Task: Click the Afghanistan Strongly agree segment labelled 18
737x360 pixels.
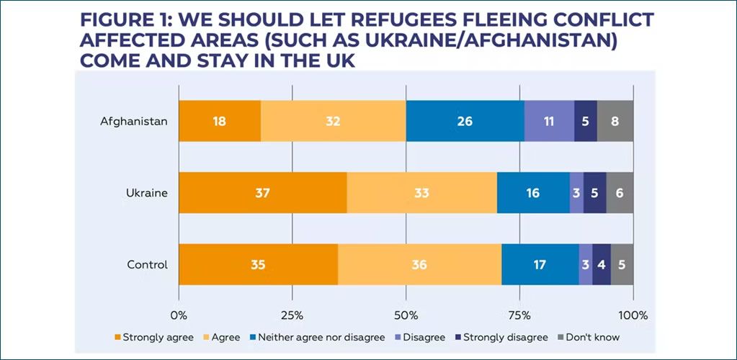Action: [220, 121]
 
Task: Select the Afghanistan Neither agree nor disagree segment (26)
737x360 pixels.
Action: [465, 121]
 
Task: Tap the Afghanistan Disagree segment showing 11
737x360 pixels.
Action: [549, 121]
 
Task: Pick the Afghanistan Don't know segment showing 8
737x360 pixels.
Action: [615, 121]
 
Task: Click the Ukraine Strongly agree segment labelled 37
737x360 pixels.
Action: [263, 193]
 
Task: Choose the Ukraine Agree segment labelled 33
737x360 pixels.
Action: [421, 193]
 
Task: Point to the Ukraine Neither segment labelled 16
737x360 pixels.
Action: [533, 193]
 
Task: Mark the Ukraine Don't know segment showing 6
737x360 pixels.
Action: [620, 193]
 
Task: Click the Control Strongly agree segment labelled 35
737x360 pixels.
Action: [258, 264]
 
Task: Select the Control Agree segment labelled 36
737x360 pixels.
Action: [419, 264]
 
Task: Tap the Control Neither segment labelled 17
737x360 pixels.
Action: [540, 264]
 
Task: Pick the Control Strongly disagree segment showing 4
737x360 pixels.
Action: [602, 264]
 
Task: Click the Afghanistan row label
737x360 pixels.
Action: [134, 121]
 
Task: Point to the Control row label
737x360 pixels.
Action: [147, 264]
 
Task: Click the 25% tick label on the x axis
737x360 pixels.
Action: [292, 315]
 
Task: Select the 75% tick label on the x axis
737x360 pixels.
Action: [519, 315]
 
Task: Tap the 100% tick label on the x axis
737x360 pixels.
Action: [633, 315]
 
